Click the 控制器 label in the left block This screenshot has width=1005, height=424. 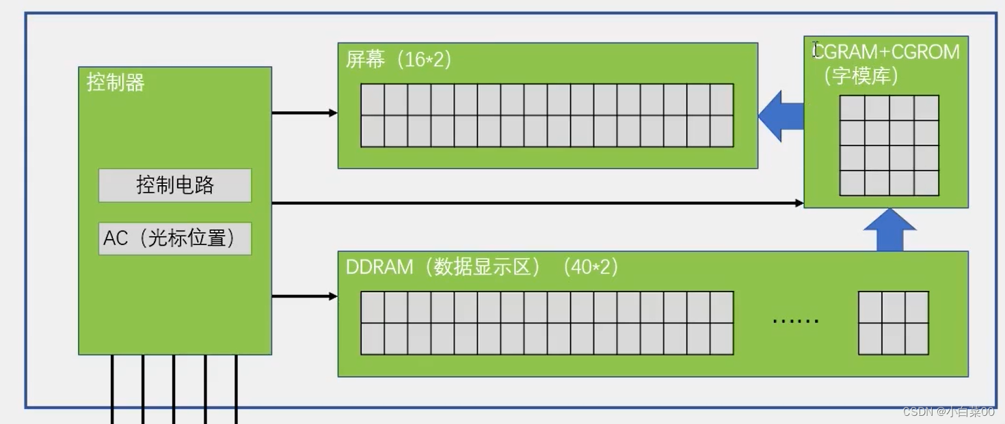pos(116,83)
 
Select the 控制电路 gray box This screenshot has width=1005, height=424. pos(175,185)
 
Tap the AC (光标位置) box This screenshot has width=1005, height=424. pos(175,238)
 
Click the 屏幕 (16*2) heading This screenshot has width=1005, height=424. pos(399,60)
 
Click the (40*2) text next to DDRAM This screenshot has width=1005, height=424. pos(591,267)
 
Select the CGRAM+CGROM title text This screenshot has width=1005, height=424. pos(887,52)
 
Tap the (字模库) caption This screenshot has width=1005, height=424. pos(861,76)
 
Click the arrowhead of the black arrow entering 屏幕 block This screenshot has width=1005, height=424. pos(334,113)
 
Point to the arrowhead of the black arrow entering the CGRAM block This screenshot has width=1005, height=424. pos(799,203)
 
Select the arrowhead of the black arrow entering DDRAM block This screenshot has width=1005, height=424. pos(334,296)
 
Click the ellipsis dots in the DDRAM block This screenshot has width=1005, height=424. pos(795,321)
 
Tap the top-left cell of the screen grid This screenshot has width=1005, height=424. pos(373,100)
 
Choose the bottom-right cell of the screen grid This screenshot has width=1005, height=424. pos(722,131)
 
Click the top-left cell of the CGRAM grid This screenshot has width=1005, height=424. pos(852,108)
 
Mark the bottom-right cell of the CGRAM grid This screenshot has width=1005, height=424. pos(926,183)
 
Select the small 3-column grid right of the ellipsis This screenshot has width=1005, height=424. pos(893,323)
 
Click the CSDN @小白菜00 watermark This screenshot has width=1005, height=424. pos(948,412)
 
